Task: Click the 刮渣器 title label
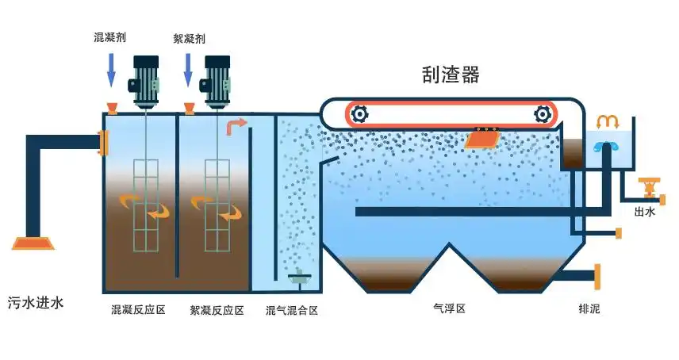(451, 75)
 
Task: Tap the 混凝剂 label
(110, 37)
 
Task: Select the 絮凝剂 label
(190, 37)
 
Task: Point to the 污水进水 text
(35, 301)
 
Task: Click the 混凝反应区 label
(138, 310)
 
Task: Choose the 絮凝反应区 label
(217, 310)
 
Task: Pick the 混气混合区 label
(292, 311)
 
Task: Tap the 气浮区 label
(449, 308)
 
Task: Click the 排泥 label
(589, 309)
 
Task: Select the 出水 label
(644, 212)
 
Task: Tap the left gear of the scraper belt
(359, 114)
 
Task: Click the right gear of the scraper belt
(543, 114)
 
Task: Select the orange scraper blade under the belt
(482, 138)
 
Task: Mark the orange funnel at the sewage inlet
(34, 243)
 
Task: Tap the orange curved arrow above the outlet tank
(608, 121)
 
